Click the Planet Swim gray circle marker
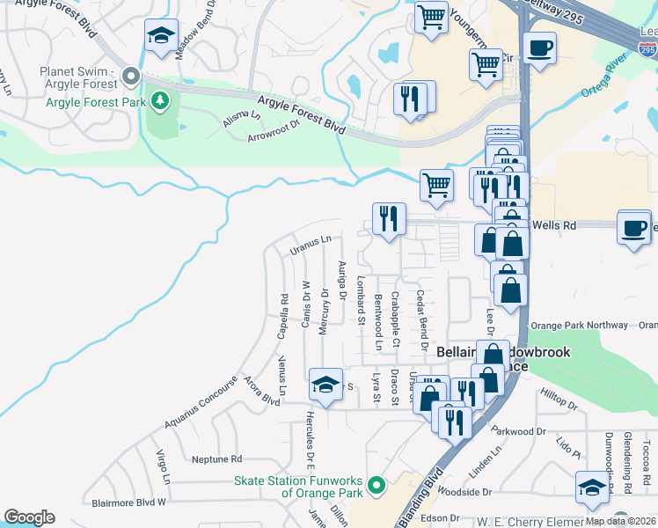tap(132, 77)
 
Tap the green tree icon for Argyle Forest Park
tap(159, 101)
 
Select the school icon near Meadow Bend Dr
tap(160, 36)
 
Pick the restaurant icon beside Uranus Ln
tap(388, 217)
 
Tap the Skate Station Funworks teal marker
tap(377, 485)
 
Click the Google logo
tap(29, 517)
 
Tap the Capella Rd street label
tap(284, 311)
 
